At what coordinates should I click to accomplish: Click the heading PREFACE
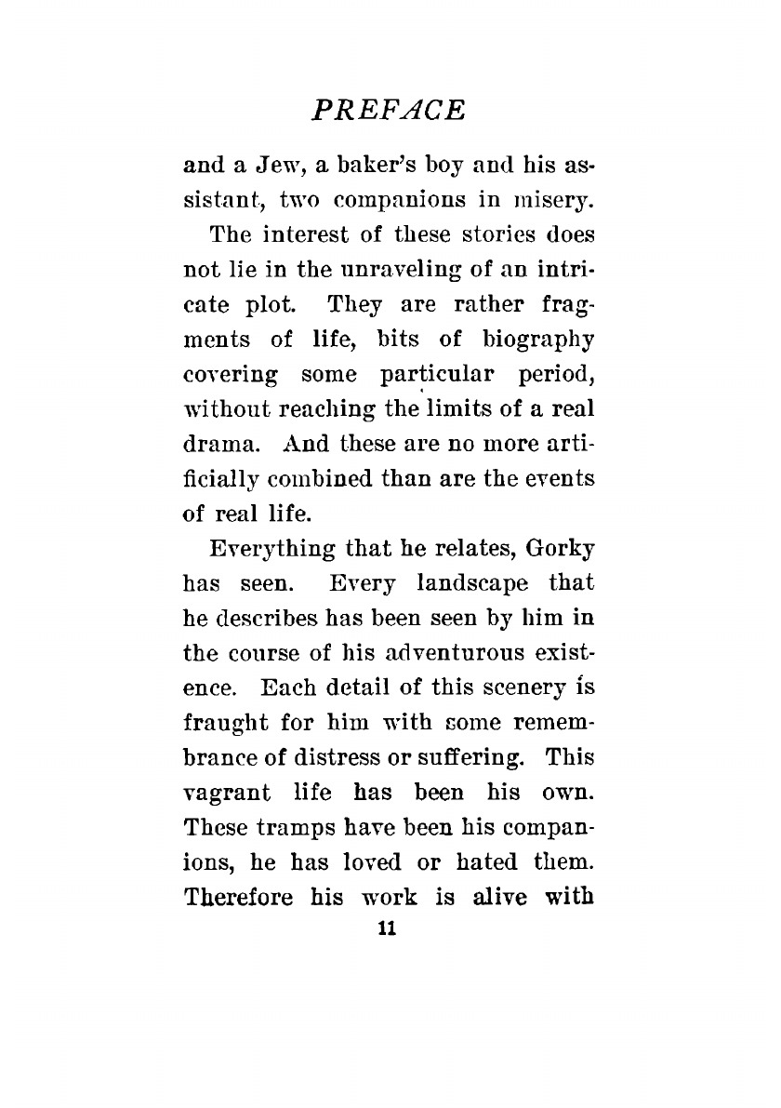pos(388,109)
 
